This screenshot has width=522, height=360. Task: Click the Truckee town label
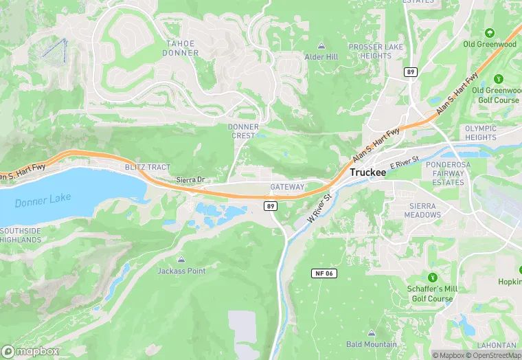pos(367,172)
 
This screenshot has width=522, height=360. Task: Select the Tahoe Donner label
pos(181,48)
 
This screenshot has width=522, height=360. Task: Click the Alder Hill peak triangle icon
pos(321,46)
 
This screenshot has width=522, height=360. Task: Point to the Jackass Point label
pos(181,271)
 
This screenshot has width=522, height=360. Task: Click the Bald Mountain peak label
pos(372,344)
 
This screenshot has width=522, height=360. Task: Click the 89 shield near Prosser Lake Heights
pos(411,71)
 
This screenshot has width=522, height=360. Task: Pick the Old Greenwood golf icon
pos(489,33)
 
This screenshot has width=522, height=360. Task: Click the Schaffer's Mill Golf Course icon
pos(432,278)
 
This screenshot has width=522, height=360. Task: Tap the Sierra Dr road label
pos(192,180)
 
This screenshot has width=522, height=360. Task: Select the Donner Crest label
pos(243,131)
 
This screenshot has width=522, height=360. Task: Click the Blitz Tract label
pos(147,167)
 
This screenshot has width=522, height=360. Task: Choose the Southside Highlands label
pos(21,235)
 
